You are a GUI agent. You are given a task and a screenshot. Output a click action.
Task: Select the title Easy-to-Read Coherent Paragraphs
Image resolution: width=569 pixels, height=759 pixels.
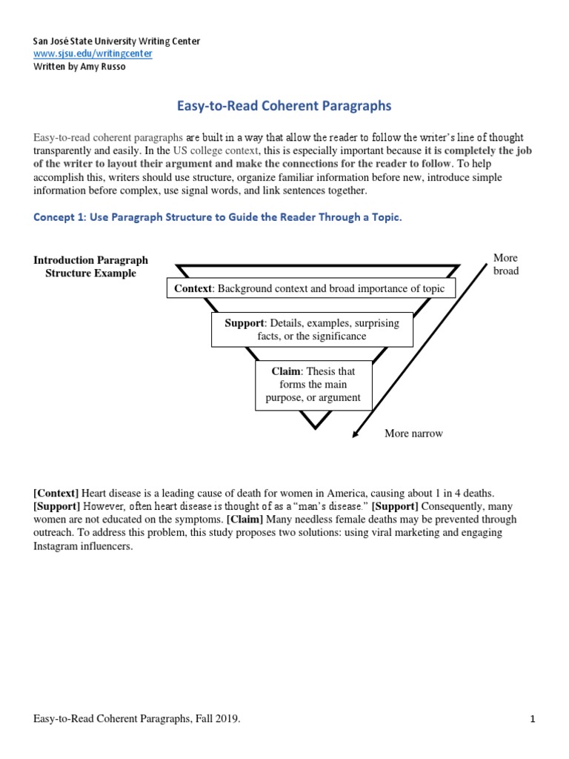point(284,106)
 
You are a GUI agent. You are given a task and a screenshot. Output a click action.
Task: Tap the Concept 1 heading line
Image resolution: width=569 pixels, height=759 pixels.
point(217,216)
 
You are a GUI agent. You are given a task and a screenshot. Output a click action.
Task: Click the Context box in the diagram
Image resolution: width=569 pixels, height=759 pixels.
point(310,288)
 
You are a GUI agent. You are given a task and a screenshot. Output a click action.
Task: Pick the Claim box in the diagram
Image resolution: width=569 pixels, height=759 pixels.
point(313,385)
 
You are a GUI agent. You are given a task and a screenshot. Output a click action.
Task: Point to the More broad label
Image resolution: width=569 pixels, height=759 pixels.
point(506,264)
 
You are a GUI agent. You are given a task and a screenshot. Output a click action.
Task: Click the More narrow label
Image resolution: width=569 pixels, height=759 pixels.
point(413,434)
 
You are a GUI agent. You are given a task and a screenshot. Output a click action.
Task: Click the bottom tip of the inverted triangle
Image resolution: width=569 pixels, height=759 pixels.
point(315,426)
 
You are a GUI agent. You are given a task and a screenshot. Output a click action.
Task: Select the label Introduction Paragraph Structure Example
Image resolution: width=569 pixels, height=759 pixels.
point(91,267)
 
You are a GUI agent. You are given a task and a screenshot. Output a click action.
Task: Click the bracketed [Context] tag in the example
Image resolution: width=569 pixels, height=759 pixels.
point(56,493)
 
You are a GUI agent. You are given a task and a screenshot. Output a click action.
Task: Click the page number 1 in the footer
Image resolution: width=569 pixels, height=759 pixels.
point(532,719)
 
